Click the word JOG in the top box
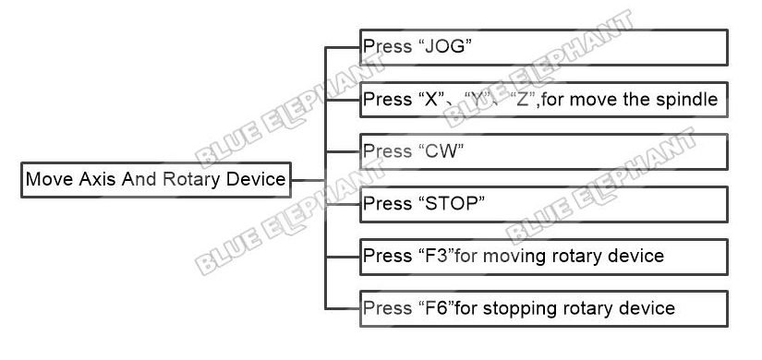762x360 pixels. coord(444,47)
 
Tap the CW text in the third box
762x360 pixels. coord(441,151)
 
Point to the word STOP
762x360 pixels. coord(452,204)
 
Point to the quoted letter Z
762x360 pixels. coord(523,99)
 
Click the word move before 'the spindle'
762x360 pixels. coord(588,100)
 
